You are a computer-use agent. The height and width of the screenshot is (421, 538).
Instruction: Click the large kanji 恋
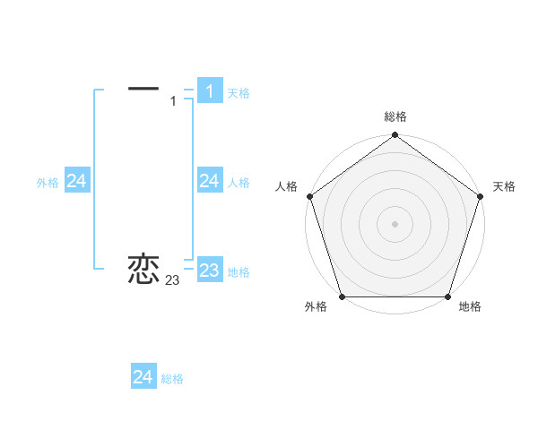(x=143, y=270)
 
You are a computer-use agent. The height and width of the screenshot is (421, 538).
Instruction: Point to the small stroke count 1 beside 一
(x=173, y=101)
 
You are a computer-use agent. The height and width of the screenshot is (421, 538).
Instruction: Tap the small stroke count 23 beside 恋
(x=172, y=281)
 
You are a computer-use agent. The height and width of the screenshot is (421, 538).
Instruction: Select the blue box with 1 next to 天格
(x=209, y=90)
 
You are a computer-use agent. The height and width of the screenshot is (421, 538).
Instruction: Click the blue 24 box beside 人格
(x=209, y=181)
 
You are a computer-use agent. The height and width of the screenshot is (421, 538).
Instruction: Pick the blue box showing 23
(x=209, y=271)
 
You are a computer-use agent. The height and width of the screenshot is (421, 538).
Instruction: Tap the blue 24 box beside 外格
(x=76, y=181)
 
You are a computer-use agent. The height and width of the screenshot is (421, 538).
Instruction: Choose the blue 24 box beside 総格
(x=143, y=377)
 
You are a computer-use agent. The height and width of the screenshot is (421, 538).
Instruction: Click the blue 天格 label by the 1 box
(x=239, y=93)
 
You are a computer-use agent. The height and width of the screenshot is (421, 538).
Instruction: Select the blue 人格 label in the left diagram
(x=239, y=183)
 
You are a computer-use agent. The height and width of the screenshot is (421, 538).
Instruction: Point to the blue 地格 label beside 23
(x=239, y=272)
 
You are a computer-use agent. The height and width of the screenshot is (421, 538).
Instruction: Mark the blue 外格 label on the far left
(x=48, y=183)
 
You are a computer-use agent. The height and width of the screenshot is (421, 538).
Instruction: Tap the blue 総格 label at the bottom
(x=172, y=379)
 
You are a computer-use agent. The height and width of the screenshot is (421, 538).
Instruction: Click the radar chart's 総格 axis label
(x=395, y=116)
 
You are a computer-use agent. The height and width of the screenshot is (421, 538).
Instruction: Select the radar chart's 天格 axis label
(x=504, y=186)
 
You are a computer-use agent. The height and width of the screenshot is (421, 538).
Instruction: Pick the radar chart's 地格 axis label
(x=470, y=306)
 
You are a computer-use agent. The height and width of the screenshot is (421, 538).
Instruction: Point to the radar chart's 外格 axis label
(x=316, y=306)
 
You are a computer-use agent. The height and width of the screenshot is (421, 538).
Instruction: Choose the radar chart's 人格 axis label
(x=286, y=186)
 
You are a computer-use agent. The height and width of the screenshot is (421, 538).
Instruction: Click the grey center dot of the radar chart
(x=395, y=223)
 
